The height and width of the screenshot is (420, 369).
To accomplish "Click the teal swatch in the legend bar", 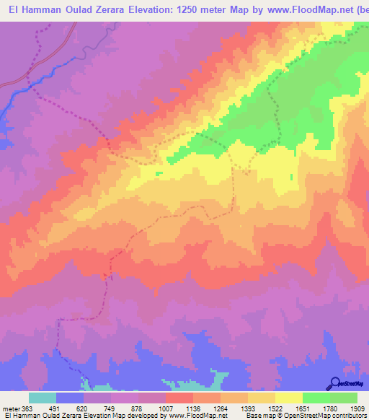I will [43, 398].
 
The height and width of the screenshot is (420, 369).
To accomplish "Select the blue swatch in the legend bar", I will [71, 398].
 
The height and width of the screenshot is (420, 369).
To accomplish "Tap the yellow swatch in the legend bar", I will [289, 398].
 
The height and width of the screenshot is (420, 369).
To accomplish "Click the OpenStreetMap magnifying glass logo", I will [334, 383].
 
